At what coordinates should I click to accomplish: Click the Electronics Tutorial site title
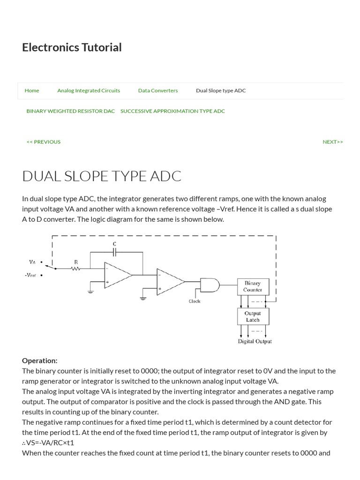[72, 47]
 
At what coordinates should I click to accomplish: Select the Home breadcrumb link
[32, 90]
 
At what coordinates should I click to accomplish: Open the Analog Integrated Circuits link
[89, 90]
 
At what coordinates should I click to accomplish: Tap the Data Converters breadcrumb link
[158, 90]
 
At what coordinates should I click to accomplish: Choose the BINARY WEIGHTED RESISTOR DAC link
[71, 111]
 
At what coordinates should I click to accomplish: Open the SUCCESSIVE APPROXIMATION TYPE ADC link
[172, 111]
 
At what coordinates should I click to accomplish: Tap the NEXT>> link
[333, 142]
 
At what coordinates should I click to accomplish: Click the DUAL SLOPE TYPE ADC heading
[102, 176]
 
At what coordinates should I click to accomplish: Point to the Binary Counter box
[252, 286]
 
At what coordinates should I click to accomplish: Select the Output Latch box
[252, 316]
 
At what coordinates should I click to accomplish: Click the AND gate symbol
[210, 284]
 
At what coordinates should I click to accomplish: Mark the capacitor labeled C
[115, 252]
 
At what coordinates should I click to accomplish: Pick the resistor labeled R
[76, 269]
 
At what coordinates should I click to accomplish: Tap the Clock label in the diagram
[195, 301]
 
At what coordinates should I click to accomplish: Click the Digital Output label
[255, 341]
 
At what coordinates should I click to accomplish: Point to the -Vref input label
[30, 275]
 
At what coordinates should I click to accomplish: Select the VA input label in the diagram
[32, 262]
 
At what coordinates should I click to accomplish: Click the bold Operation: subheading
[40, 360]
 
